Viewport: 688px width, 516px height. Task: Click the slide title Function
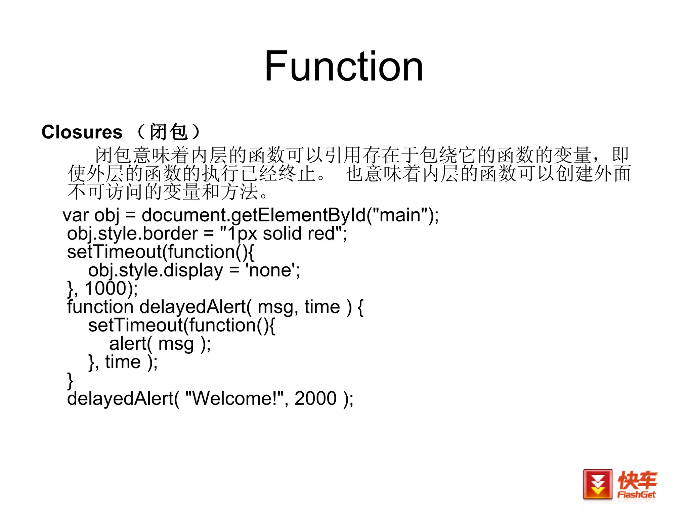pyautogui.click(x=343, y=66)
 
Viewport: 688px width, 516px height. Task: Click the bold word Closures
pyautogui.click(x=82, y=132)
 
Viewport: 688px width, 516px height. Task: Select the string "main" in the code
pyautogui.click(x=400, y=215)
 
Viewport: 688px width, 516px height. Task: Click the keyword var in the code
pyautogui.click(x=76, y=216)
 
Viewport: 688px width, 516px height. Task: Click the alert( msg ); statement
pyautogui.click(x=160, y=344)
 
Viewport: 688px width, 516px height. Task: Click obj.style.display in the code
pyautogui.click(x=156, y=270)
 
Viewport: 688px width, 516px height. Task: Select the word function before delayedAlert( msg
pyautogui.click(x=100, y=307)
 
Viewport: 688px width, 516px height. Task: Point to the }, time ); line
pyautogui.click(x=123, y=362)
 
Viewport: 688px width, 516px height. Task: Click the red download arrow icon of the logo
pyautogui.click(x=597, y=484)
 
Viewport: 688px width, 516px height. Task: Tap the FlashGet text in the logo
pyautogui.click(x=636, y=494)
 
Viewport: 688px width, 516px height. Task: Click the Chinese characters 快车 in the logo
pyautogui.click(x=637, y=480)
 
